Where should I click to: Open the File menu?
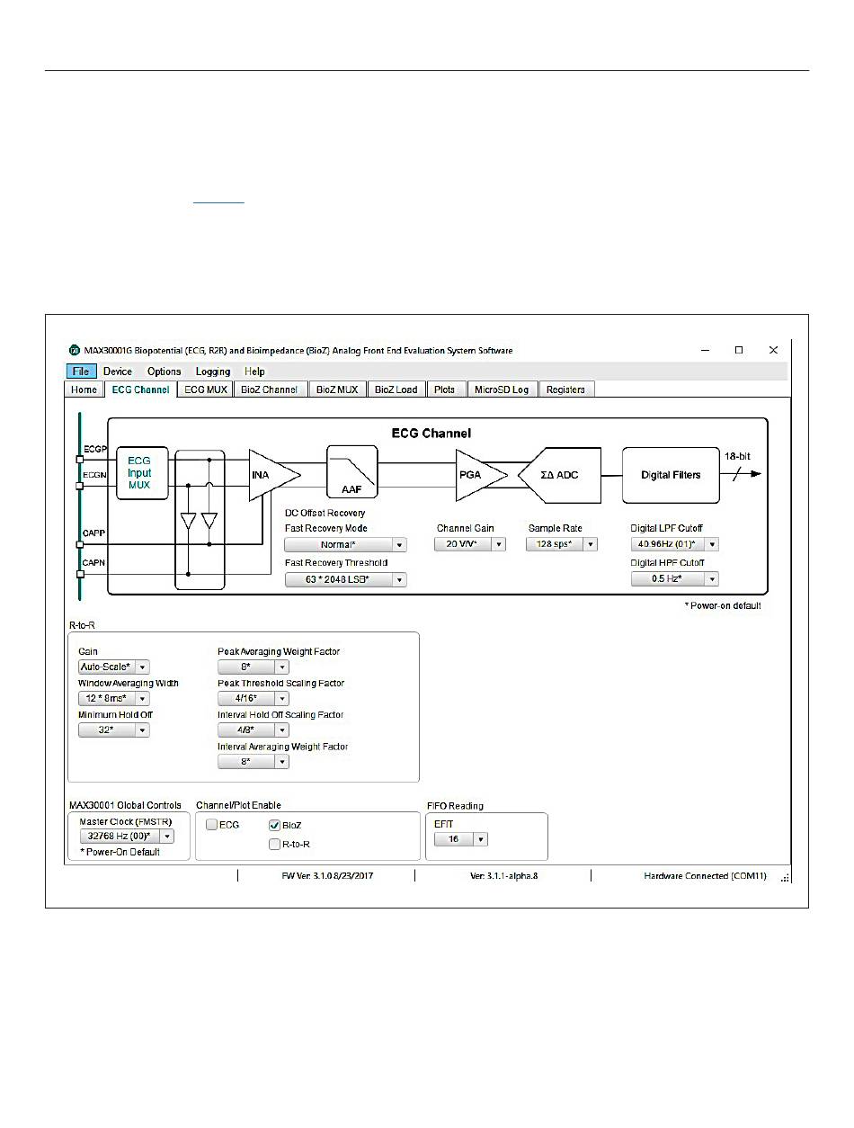click(x=79, y=372)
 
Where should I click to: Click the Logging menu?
click(x=213, y=372)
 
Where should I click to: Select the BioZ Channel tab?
click(x=268, y=389)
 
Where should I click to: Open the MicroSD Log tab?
click(x=502, y=389)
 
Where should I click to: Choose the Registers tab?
click(x=565, y=389)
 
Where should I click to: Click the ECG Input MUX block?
click(x=139, y=473)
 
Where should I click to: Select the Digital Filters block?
click(x=671, y=474)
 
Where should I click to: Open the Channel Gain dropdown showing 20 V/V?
click(x=470, y=544)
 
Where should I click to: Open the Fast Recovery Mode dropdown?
click(x=345, y=544)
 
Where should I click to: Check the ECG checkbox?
click(x=211, y=825)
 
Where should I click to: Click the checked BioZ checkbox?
click(x=275, y=825)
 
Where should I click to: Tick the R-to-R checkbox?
click(x=275, y=845)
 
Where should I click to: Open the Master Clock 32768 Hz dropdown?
click(x=126, y=837)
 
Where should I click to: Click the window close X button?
click(x=773, y=350)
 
